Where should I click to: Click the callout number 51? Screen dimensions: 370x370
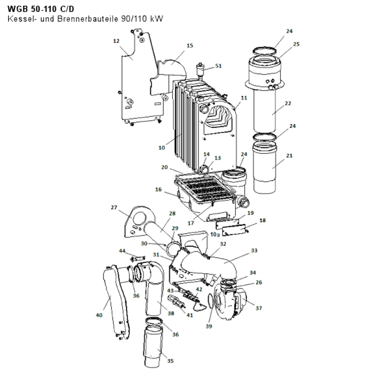(219, 66)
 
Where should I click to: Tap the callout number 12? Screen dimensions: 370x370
(116, 41)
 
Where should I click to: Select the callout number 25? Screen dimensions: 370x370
(296, 44)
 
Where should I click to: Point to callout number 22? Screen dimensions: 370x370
(288, 103)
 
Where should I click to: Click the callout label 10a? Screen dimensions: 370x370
(215, 235)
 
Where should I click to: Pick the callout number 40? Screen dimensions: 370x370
(99, 315)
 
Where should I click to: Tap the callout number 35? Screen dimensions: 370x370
(170, 361)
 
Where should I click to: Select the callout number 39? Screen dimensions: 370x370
(209, 326)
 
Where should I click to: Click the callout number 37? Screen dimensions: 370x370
(259, 308)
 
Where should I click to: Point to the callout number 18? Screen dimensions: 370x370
(262, 221)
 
